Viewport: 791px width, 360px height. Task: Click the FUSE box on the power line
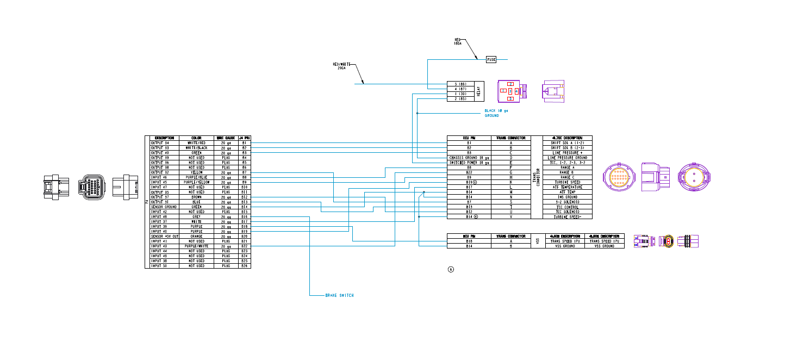click(x=491, y=59)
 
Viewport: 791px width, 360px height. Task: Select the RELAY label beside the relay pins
click(x=479, y=91)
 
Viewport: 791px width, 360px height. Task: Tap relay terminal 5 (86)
click(x=460, y=84)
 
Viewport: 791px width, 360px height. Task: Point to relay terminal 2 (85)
click(x=460, y=99)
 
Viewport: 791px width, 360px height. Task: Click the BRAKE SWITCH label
click(x=339, y=295)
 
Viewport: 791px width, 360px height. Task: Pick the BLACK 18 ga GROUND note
click(x=496, y=113)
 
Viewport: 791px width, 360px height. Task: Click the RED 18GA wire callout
click(x=458, y=41)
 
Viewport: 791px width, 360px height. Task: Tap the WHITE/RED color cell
click(x=197, y=143)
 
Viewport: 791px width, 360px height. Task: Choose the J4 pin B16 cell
click(x=245, y=216)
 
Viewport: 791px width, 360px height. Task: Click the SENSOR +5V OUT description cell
click(x=164, y=237)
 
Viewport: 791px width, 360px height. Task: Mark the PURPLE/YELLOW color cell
click(x=197, y=182)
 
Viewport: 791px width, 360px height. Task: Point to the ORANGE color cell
click(x=197, y=237)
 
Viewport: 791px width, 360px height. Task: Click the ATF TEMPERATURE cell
click(x=568, y=187)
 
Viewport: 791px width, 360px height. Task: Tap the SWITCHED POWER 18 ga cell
click(x=469, y=163)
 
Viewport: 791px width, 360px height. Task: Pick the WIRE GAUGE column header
click(x=226, y=138)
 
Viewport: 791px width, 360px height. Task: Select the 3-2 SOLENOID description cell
click(x=568, y=202)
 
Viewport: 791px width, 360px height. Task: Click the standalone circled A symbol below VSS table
click(x=451, y=269)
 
